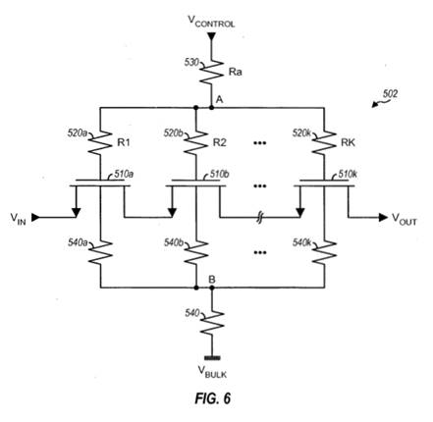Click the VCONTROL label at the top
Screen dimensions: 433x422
[x=211, y=22]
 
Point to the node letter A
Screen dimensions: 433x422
[x=219, y=99]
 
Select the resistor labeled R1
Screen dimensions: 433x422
[x=100, y=142]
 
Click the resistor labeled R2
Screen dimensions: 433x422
[x=195, y=142]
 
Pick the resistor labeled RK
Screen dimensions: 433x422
[x=324, y=142]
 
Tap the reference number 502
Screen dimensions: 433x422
[x=390, y=94]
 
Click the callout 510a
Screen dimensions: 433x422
[x=124, y=174]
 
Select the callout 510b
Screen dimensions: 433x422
[x=219, y=174]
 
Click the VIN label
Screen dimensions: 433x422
[x=18, y=218]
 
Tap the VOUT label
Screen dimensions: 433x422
[x=405, y=219]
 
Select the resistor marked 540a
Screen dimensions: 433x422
[x=100, y=252]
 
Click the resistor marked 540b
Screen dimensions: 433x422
[x=195, y=252]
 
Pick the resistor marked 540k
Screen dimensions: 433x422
[x=324, y=252]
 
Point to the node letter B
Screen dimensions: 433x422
[x=212, y=280]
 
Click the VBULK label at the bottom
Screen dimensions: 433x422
[x=212, y=372]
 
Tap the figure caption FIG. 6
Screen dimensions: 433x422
[x=213, y=398]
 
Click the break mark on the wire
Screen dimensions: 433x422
[x=259, y=217]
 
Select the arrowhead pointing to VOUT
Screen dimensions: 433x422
[x=383, y=217]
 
